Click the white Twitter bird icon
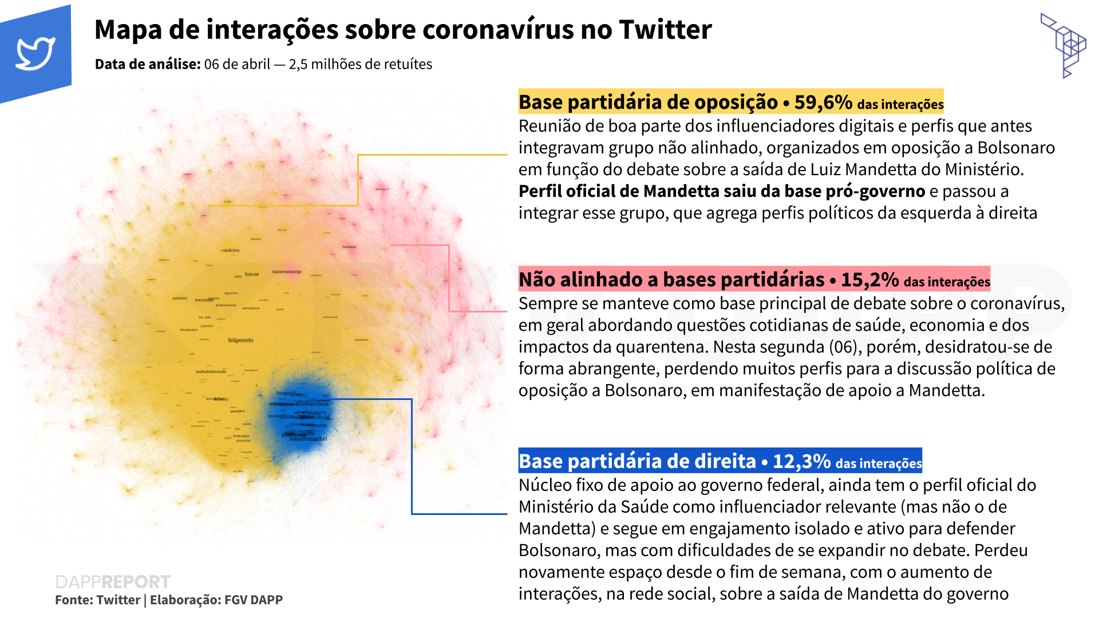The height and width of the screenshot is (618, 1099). tap(35, 53)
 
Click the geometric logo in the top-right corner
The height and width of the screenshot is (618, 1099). tap(1064, 45)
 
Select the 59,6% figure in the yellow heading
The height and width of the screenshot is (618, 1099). tap(823, 102)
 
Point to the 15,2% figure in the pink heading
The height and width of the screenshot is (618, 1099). tap(869, 280)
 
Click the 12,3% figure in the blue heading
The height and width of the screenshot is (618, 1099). tap(801, 461)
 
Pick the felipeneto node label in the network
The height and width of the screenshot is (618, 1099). tap(240, 340)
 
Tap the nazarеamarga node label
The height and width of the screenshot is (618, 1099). tap(287, 272)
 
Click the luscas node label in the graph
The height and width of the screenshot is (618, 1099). tap(252, 274)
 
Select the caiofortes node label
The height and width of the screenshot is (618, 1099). tap(230, 250)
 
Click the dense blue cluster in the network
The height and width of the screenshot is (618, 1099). tap(301, 415)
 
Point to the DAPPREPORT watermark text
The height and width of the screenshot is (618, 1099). tap(113, 582)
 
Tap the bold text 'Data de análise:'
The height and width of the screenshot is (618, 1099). tap(148, 64)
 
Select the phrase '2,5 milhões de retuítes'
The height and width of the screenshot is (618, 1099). tap(360, 64)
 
